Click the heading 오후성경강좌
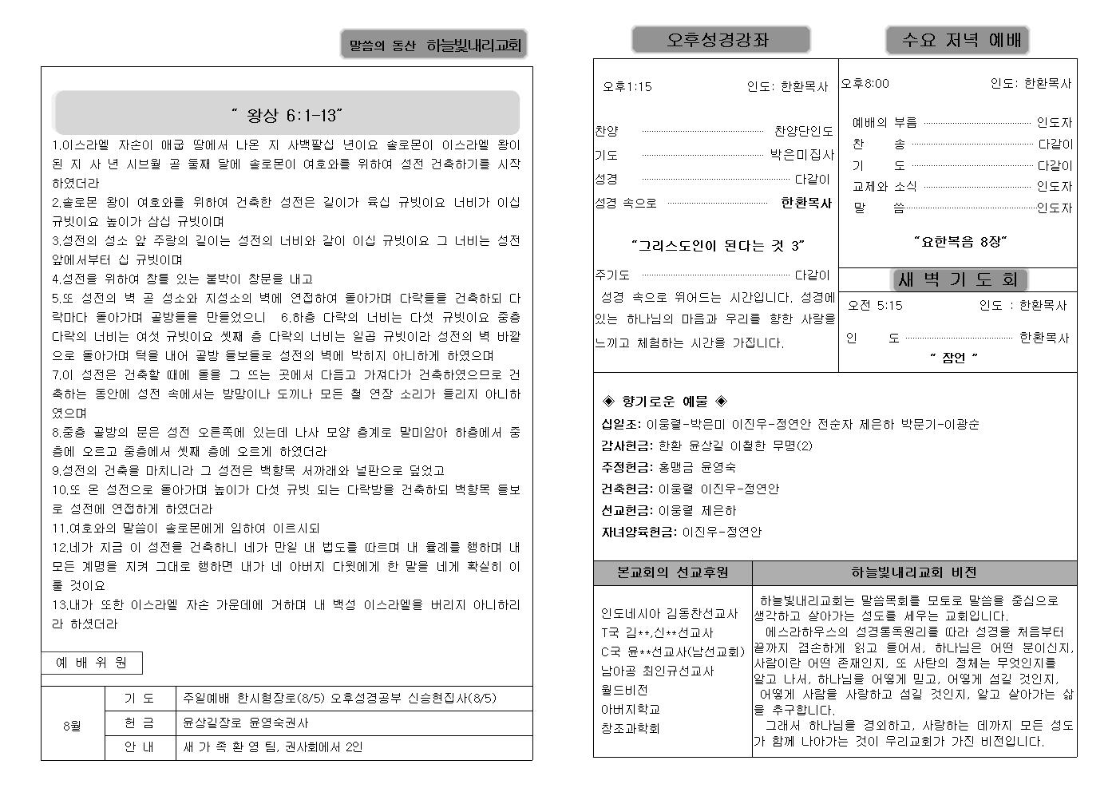tap(720, 40)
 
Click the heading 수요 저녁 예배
tap(956, 40)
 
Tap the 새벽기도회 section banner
tap(958, 279)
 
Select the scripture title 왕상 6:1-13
tap(287, 116)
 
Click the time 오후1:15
tap(627, 86)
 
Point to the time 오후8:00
tap(865, 83)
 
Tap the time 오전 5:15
tap(875, 305)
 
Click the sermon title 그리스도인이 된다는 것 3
tap(718, 245)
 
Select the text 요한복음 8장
tap(961, 241)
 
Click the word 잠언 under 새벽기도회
tap(953, 358)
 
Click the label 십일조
tap(620, 424)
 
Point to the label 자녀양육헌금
tap(638, 532)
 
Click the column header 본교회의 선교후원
tap(673, 572)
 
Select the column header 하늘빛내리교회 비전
tap(913, 572)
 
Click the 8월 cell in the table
tap(72, 727)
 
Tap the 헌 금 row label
tap(140, 723)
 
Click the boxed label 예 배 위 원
tap(92, 663)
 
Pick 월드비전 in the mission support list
tap(624, 690)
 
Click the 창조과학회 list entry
tap(630, 728)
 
